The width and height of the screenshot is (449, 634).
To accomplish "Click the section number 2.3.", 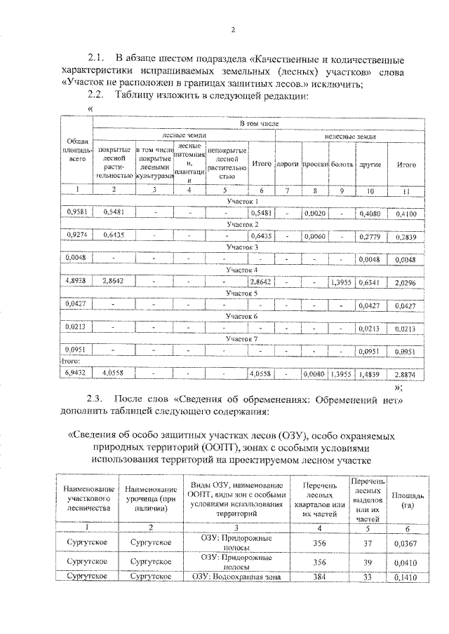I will (x=96, y=399).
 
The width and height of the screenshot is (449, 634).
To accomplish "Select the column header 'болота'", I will (x=342, y=165).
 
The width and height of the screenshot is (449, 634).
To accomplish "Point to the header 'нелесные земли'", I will (x=350, y=137).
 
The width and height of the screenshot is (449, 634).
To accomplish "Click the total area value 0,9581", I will (x=76, y=212).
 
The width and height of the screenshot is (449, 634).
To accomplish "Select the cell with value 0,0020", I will (x=314, y=212).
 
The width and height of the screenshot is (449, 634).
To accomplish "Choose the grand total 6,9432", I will (x=76, y=373).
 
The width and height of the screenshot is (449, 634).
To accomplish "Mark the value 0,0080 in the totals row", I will (x=314, y=374).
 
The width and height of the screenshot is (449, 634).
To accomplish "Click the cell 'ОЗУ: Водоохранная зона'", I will (x=237, y=577).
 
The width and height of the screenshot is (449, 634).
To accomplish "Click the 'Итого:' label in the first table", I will (x=72, y=361).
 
